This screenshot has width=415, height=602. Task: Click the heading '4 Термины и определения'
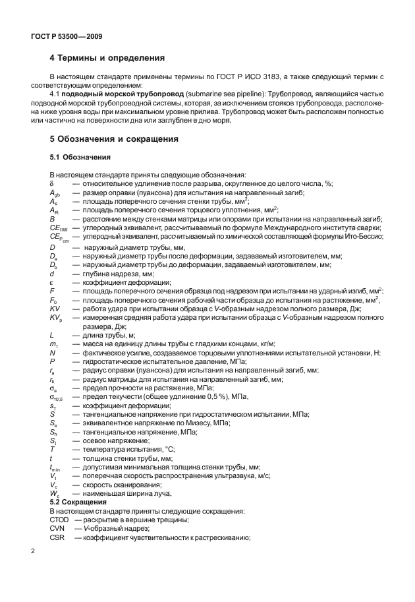coord(103,58)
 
